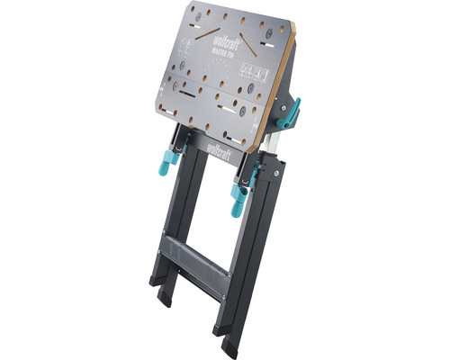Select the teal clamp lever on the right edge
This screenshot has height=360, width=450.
[x=293, y=112]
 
